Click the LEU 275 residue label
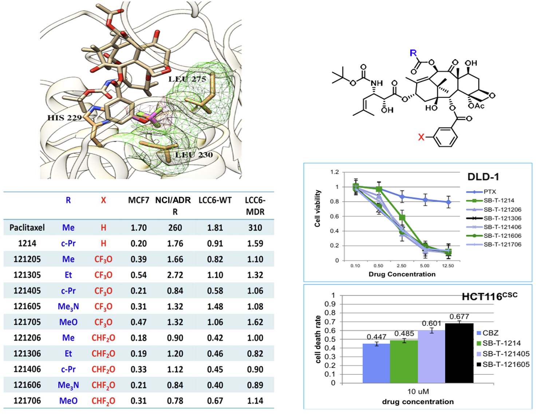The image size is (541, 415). [187, 79]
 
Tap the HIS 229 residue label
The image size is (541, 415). [64, 118]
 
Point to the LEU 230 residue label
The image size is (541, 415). [194, 155]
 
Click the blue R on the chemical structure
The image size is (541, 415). [413, 53]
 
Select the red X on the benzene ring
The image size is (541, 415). [421, 137]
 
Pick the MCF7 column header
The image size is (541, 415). [138, 200]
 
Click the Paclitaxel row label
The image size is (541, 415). [27, 228]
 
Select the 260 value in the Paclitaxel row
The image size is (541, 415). [175, 228]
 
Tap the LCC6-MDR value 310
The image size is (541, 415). [255, 228]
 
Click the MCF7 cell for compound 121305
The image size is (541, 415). [138, 275]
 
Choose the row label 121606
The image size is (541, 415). [27, 385]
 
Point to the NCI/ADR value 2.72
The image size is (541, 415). [175, 275]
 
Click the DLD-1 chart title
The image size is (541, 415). [483, 177]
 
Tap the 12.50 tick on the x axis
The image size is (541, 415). [448, 266]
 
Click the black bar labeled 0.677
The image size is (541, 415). [459, 353]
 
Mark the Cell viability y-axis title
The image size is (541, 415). [318, 208]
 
